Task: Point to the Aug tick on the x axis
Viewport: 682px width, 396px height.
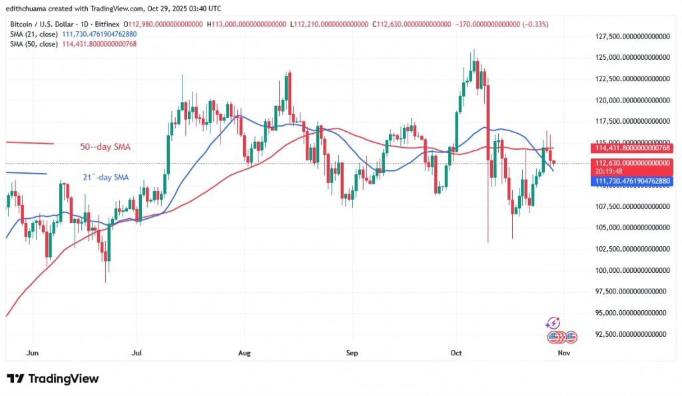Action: click(x=244, y=353)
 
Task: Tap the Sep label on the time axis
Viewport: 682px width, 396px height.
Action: click(x=352, y=353)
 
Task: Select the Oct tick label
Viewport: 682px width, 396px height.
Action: click(x=456, y=353)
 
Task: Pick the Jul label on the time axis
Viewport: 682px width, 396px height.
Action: click(x=137, y=353)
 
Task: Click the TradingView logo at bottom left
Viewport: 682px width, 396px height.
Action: click(x=53, y=379)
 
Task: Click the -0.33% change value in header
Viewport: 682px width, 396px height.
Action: click(x=537, y=24)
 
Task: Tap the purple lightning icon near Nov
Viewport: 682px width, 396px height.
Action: click(x=552, y=323)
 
